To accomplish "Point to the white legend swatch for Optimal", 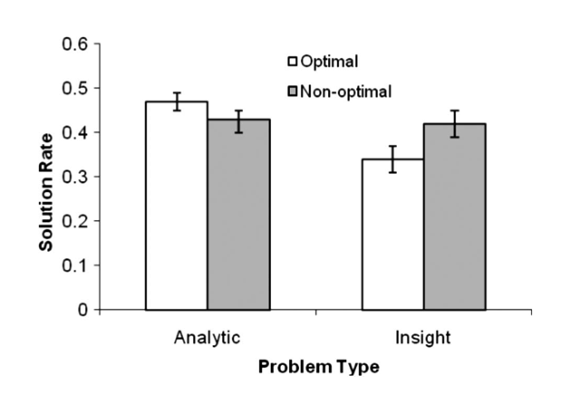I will click(294, 62).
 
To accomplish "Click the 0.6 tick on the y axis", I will click(76, 43).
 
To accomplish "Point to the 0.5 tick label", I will click(76, 88).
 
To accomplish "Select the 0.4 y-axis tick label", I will click(76, 132).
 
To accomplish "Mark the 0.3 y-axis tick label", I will click(76, 177).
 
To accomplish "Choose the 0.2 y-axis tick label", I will click(76, 221).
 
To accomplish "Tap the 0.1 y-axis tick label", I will click(76, 265).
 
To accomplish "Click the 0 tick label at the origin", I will click(82, 310).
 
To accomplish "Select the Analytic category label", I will click(208, 338).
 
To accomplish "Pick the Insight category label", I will click(423, 338).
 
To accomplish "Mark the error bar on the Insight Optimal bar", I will click(392, 159).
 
